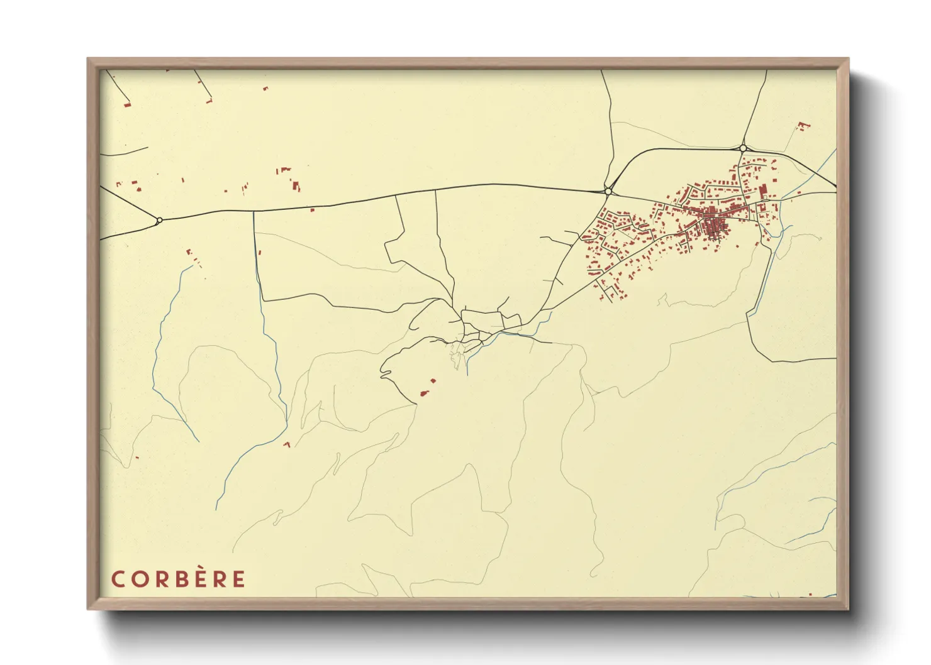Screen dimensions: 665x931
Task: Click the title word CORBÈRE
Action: (x=179, y=579)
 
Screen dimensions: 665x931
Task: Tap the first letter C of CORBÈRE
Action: (x=118, y=579)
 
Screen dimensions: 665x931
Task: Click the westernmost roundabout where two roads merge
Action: (x=159, y=219)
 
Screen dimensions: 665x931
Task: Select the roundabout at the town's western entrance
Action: (x=608, y=191)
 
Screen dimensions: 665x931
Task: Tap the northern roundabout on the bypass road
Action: (x=743, y=148)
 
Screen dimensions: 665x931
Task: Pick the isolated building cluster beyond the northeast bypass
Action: (x=803, y=126)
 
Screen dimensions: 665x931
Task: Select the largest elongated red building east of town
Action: (x=762, y=190)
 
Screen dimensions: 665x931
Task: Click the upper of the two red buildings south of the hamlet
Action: (x=432, y=380)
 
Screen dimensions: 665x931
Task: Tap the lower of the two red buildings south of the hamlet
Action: (x=424, y=393)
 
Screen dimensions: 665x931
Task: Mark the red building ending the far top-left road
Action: (x=127, y=105)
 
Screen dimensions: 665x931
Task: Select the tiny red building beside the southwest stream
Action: (x=287, y=444)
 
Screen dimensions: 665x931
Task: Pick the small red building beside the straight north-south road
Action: (x=260, y=252)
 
